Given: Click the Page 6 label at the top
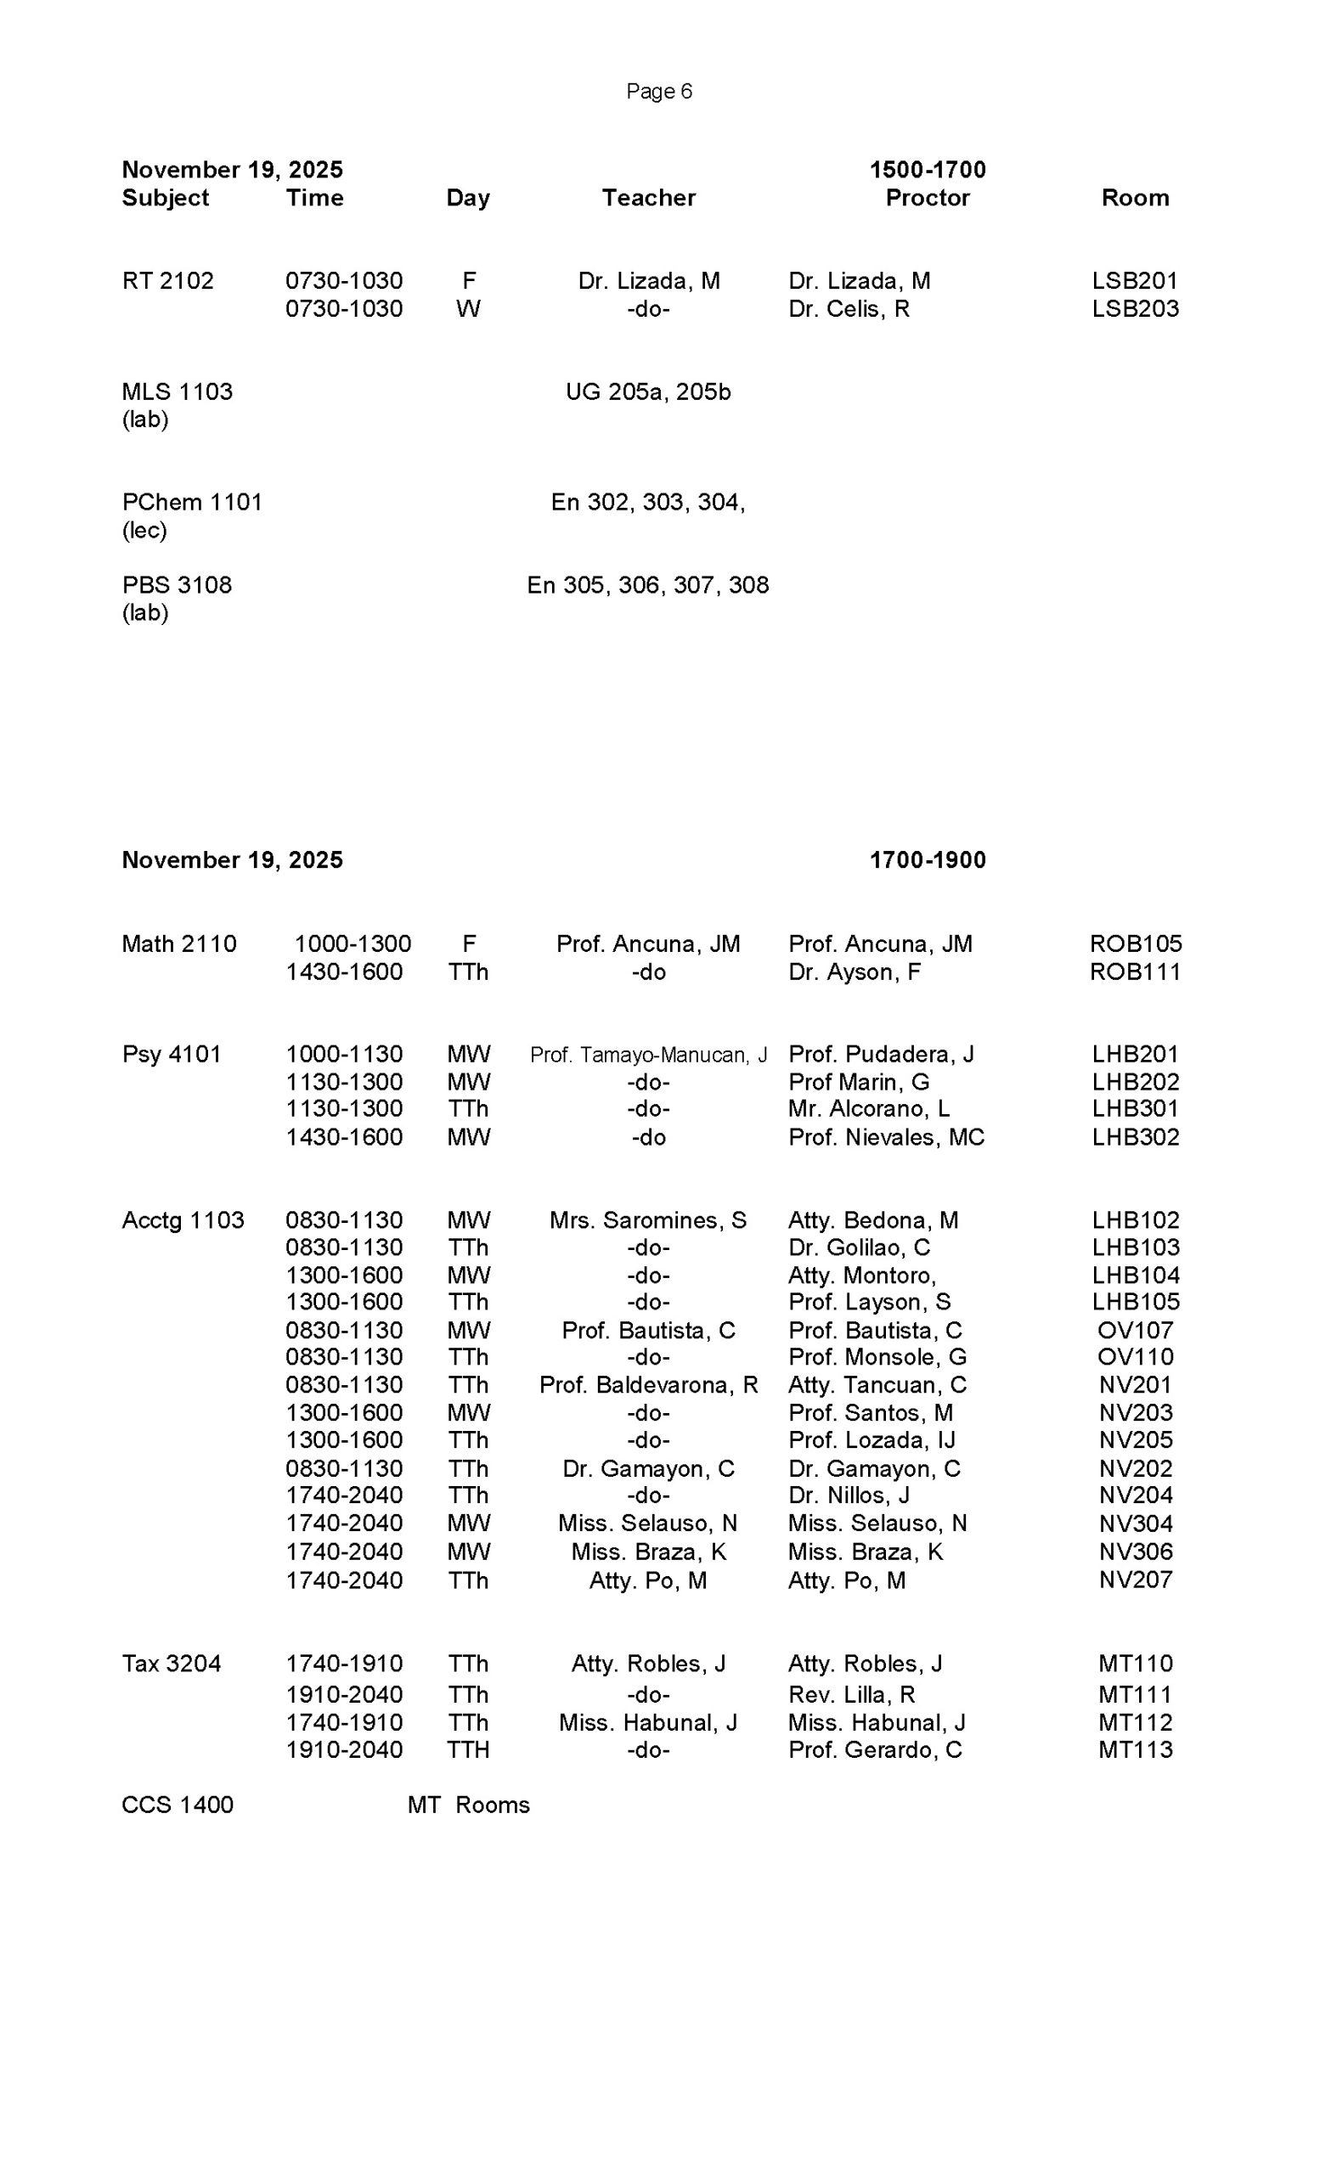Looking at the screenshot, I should tap(658, 91).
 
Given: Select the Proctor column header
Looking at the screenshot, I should tap(927, 198).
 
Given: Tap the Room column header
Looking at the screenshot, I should tap(1135, 198).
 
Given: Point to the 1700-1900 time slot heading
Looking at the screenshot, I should tap(928, 859).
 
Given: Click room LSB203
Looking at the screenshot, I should tap(1135, 309).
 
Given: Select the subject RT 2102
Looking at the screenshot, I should tap(167, 280).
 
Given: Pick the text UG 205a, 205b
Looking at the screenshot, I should tap(647, 391).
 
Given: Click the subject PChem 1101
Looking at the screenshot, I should tap(191, 502).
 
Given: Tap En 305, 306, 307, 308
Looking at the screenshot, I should tap(647, 585).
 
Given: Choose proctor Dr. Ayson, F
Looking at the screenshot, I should tap(855, 972).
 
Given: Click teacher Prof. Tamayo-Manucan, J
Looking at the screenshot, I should tap(647, 1055).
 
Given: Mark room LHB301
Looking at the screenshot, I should tap(1135, 1108).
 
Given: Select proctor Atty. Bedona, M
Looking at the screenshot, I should tap(872, 1220).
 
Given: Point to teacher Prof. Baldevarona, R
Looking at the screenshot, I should tap(647, 1384).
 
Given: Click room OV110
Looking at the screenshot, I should tap(1135, 1357).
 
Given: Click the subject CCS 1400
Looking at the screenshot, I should tap(178, 1805).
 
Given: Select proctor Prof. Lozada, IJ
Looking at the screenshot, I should tap(871, 1440).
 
